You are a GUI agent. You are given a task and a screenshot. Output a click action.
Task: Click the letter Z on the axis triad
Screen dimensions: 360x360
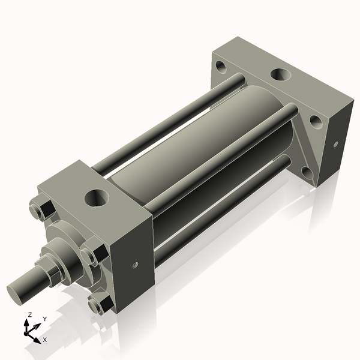(x=30, y=314)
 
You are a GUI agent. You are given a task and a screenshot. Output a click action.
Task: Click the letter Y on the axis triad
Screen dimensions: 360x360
(x=44, y=319)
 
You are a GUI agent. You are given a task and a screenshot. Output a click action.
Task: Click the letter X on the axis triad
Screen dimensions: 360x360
(x=45, y=340)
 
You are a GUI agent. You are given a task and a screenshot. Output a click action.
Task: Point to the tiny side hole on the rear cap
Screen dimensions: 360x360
(x=335, y=143)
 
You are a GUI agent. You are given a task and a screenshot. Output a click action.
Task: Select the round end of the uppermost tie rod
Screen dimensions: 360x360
(x=241, y=78)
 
